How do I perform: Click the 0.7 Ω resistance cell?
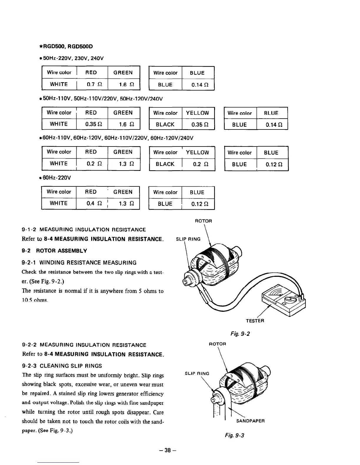click(92, 84)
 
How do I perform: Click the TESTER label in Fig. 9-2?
click(255, 321)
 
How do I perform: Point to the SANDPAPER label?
click(251, 421)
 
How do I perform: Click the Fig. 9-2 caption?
click(240, 334)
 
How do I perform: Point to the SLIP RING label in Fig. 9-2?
click(188, 239)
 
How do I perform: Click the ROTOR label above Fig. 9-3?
click(217, 344)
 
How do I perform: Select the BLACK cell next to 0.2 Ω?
click(165, 164)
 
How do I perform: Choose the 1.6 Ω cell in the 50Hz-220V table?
click(123, 84)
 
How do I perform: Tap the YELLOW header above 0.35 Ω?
click(197, 113)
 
